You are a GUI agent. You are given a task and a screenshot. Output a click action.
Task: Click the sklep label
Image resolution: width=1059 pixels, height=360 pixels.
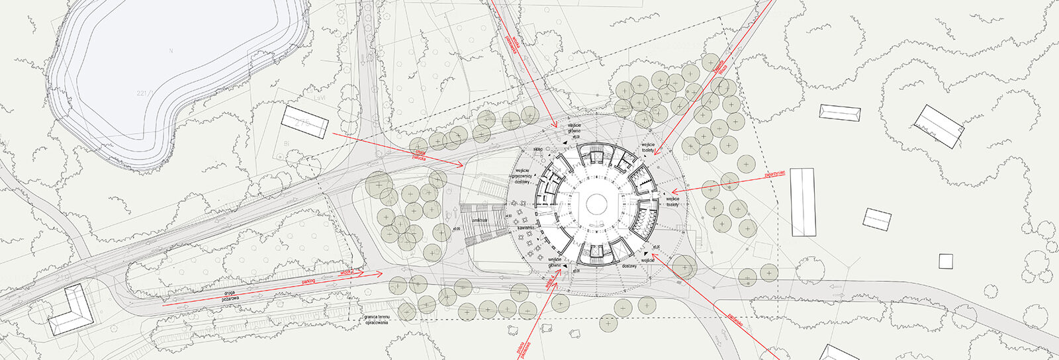(537, 150)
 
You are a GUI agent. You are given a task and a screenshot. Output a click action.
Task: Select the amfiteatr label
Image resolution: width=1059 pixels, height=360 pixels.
(480, 219)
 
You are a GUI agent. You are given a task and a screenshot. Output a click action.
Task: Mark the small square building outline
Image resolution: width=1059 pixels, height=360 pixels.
(944, 261)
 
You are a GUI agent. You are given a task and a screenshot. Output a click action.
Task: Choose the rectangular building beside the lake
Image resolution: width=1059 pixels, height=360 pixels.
(305, 121)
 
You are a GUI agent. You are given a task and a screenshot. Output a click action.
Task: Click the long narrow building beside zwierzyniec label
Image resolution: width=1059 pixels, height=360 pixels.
(803, 202)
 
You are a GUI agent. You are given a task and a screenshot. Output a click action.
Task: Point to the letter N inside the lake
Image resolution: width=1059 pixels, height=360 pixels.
(171, 51)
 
